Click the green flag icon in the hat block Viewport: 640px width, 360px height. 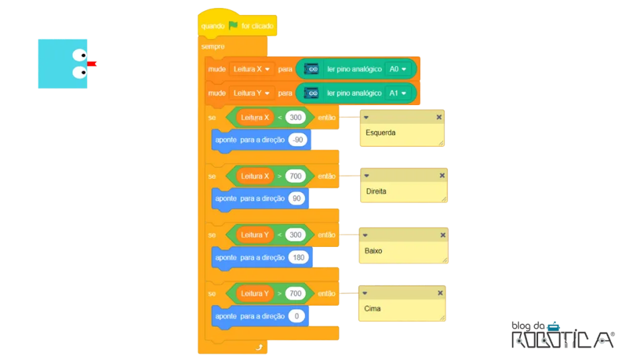(x=233, y=25)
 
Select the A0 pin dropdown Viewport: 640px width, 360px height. (x=397, y=69)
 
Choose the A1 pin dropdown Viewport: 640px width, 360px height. (x=397, y=93)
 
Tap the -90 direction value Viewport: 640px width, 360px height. (x=298, y=139)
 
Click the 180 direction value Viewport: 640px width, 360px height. (x=298, y=257)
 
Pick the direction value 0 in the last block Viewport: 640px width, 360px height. (x=297, y=316)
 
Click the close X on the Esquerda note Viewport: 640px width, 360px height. (x=439, y=117)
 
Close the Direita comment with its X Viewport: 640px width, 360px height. (x=442, y=176)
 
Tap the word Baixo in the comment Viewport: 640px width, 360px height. (x=373, y=251)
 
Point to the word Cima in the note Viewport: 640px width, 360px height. (x=372, y=309)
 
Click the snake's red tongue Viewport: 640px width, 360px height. (x=91, y=64)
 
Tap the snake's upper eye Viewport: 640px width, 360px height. (x=79, y=55)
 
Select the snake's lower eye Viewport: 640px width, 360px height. (x=79, y=72)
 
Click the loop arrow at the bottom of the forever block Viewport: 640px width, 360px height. (x=259, y=347)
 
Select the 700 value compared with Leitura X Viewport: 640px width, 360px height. (x=296, y=176)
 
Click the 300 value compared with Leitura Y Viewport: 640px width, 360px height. (x=296, y=235)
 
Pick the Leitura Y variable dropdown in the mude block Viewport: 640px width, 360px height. (x=251, y=93)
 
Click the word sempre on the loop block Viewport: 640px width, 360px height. (x=212, y=46)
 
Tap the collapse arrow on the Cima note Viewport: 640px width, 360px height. (x=365, y=293)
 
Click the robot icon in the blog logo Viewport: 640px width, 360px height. (x=554, y=326)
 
